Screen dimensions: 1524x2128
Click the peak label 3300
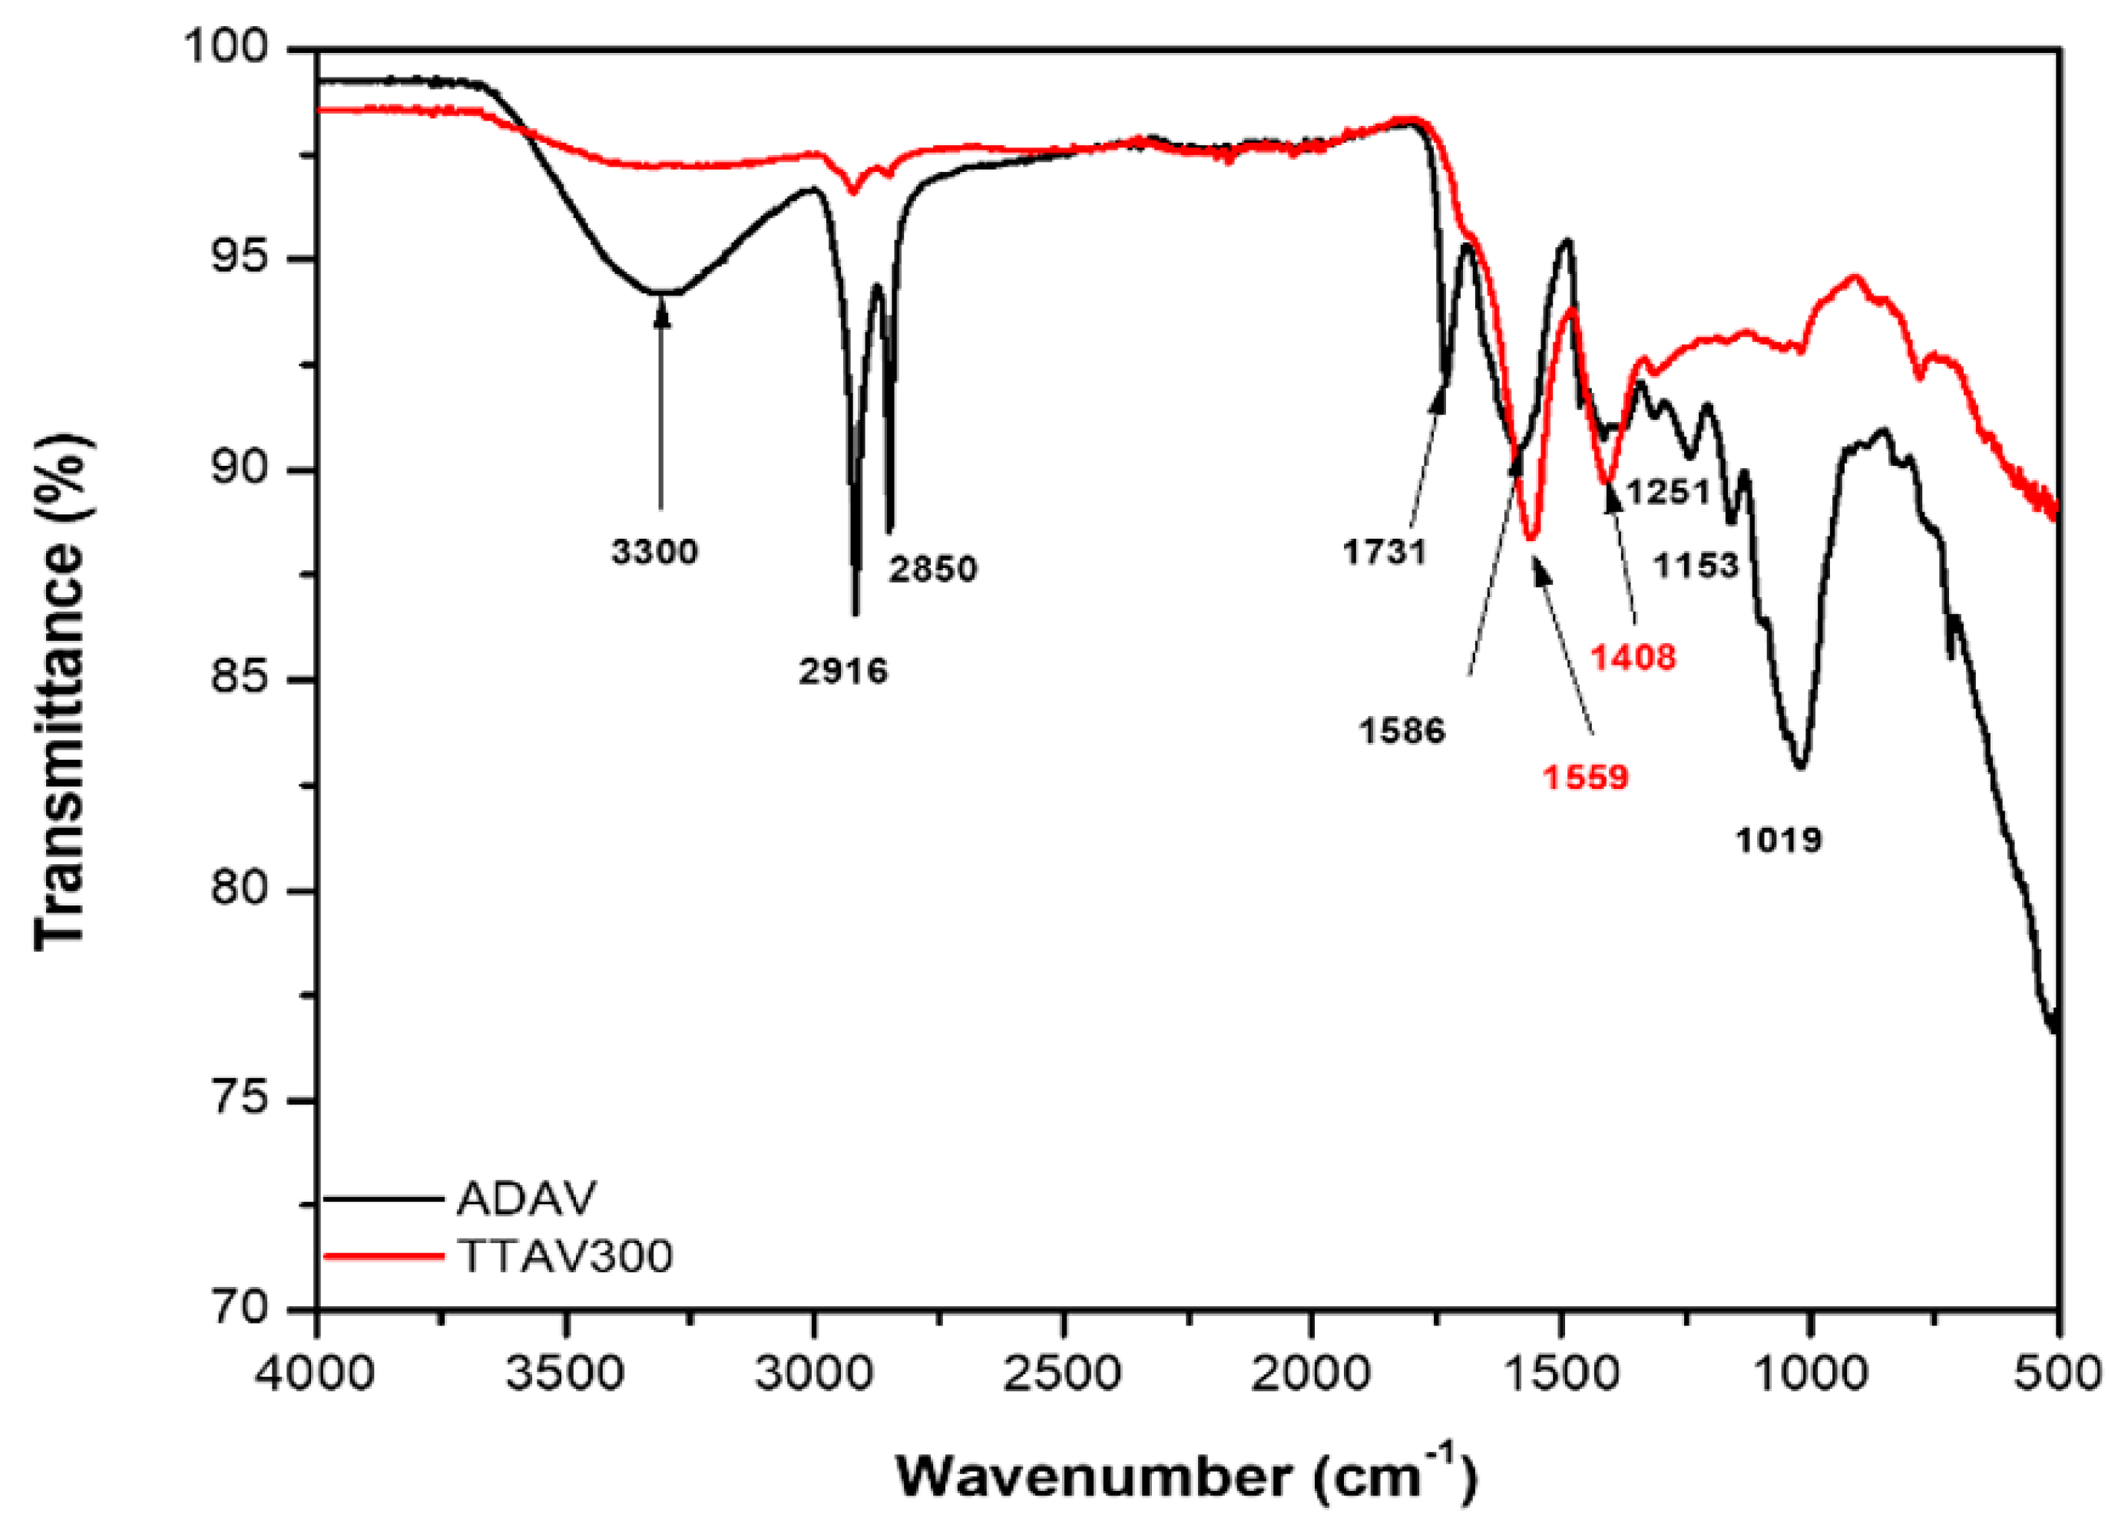[655, 552]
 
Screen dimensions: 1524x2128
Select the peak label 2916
[842, 671]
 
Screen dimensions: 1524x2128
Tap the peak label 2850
[934, 569]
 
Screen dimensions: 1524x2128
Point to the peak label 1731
[1385, 552]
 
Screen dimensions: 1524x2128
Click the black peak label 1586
[1403, 731]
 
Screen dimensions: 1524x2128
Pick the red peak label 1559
[1586, 777]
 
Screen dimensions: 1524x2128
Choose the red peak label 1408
[1633, 658]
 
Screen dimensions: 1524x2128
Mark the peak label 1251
[1668, 490]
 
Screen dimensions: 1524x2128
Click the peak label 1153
[1696, 566]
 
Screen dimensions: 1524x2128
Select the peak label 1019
[1779, 840]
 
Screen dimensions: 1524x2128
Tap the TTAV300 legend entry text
[565, 1255]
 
